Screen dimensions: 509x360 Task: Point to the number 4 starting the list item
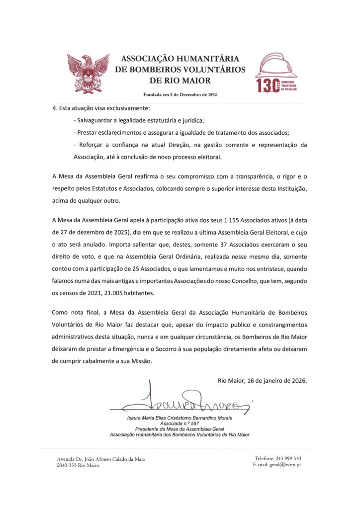[54, 108]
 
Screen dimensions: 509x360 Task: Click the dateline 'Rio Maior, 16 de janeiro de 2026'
[262, 381]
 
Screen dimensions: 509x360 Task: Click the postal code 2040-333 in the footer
[68, 465]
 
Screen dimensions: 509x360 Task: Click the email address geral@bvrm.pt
[286, 465]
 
